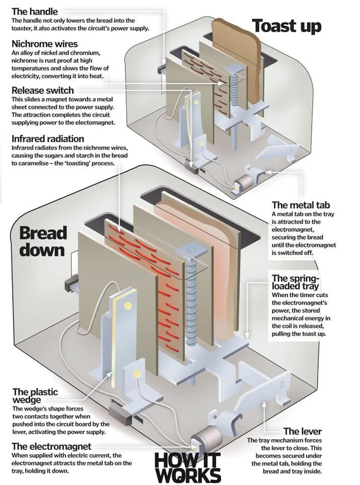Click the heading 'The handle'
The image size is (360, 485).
(x=35, y=11)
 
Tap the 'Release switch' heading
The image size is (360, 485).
(x=42, y=91)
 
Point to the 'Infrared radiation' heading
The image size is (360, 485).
(x=48, y=138)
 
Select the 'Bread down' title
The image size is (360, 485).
(x=43, y=241)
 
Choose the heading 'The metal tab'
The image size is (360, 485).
(x=301, y=205)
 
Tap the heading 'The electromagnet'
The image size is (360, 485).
(x=52, y=446)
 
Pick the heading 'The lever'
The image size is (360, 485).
(x=302, y=431)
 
